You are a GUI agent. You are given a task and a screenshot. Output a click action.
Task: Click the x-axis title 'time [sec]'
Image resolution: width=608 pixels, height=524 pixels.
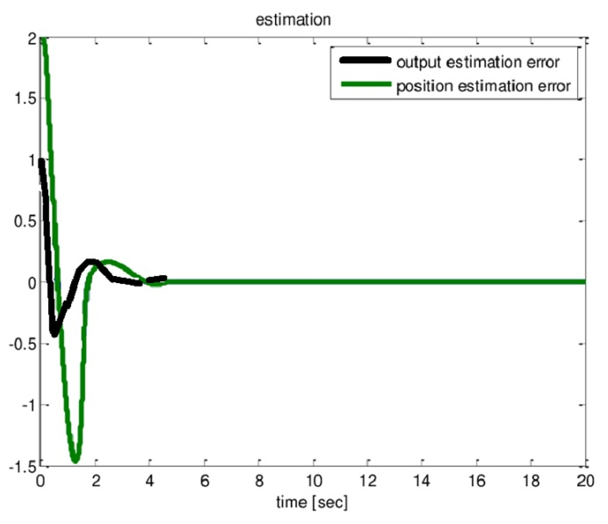pos(313,508)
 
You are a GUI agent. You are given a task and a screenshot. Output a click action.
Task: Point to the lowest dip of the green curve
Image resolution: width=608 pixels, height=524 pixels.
pos(76,459)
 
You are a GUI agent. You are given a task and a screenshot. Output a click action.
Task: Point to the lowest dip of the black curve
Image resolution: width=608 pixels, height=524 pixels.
pos(54,333)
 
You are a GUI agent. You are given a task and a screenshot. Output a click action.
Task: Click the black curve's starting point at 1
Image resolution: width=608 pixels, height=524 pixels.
pos(41,161)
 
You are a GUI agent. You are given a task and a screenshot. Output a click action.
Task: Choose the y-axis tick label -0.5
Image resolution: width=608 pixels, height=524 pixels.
pos(18,344)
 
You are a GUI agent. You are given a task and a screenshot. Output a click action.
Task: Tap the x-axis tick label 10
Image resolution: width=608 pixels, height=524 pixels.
pos(313,483)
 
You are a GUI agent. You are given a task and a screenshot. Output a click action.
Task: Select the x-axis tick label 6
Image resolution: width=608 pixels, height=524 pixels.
pos(204,483)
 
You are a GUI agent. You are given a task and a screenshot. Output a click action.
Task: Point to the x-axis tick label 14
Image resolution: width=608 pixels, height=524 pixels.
pos(422,483)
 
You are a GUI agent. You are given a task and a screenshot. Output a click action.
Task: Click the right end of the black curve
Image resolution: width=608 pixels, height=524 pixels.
pos(163,278)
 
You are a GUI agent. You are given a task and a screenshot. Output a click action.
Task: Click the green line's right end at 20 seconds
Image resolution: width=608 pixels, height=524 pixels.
pos(584,282)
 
